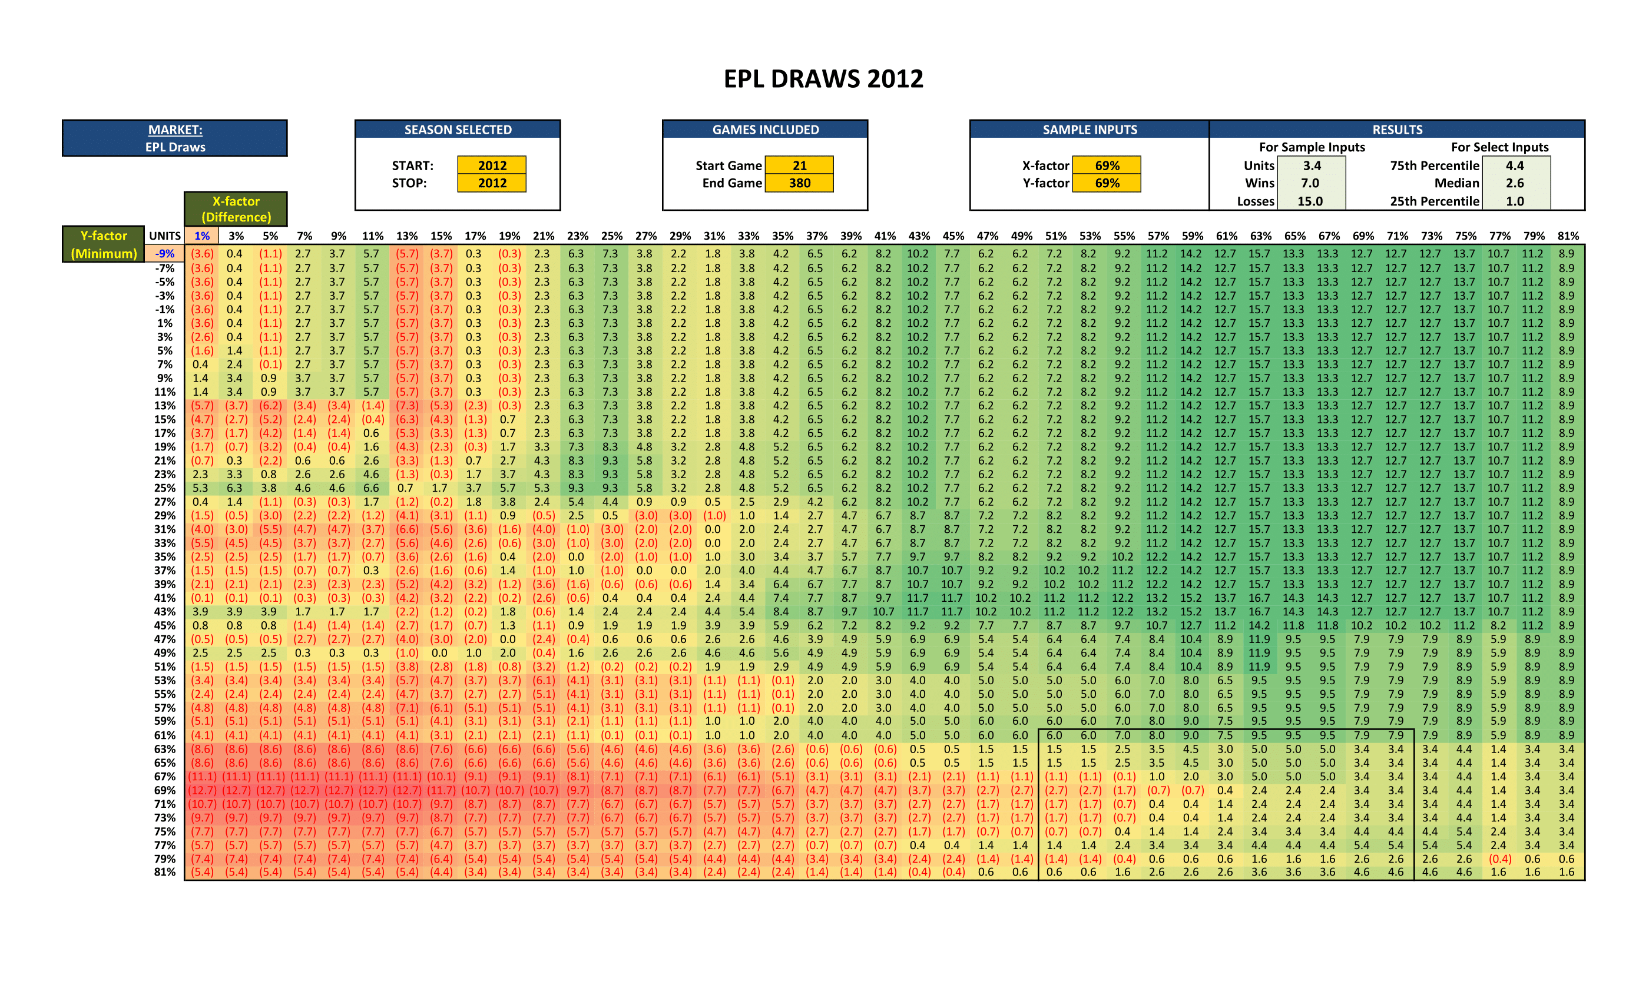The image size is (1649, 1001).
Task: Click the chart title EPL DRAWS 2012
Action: click(x=823, y=79)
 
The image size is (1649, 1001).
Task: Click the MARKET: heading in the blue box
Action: click(x=176, y=130)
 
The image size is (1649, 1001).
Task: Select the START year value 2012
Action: click(x=492, y=165)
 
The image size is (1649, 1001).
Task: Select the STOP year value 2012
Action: click(x=492, y=183)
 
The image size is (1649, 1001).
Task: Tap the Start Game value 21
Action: click(x=799, y=165)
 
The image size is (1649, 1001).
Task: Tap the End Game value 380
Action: click(x=799, y=183)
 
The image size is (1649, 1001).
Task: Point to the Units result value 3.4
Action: click(x=1311, y=165)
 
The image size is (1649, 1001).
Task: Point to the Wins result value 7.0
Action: click(x=1310, y=183)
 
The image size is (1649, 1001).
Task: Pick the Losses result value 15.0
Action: click(x=1310, y=201)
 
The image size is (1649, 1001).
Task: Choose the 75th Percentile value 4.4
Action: click(x=1515, y=165)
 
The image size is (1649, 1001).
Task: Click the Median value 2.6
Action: click(x=1515, y=183)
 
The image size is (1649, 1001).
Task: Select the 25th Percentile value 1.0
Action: click(x=1515, y=201)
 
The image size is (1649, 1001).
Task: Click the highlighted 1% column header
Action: click(x=201, y=236)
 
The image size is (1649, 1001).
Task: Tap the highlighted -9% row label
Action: click(x=165, y=254)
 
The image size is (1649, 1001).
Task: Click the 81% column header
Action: click(x=1568, y=236)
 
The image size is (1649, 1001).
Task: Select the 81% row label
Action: click(x=165, y=872)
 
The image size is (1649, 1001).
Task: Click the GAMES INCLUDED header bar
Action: click(x=765, y=130)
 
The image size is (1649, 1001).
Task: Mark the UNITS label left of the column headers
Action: click(x=165, y=236)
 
